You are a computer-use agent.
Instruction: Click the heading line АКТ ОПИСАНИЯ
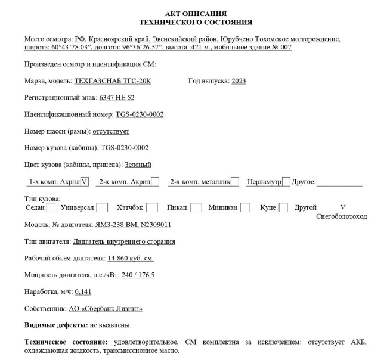point(195,13)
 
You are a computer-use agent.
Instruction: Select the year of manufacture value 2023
point(239,81)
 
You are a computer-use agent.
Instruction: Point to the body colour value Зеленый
point(138,165)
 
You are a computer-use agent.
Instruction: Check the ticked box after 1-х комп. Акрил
point(85,181)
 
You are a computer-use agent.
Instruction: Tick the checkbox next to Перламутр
point(286,181)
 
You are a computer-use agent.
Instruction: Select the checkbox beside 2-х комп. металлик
point(236,181)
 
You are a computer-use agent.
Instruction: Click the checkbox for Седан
point(51,207)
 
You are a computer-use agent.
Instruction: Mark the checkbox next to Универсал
point(103,207)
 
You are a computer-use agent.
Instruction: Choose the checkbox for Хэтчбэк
point(153,207)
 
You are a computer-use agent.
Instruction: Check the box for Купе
point(283,207)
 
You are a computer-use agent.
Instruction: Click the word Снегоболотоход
point(341,216)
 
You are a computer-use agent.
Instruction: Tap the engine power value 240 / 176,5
point(137,275)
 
